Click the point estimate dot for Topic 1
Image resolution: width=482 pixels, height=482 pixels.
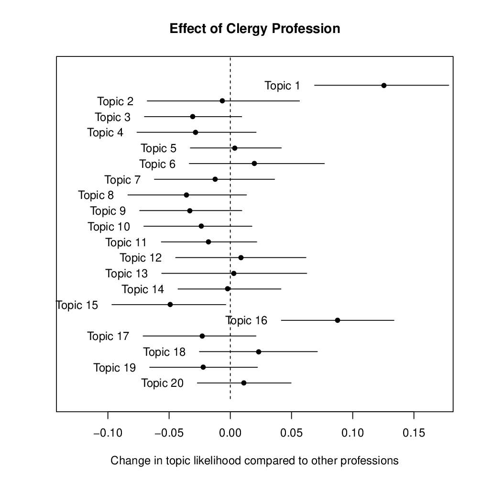tap(384, 85)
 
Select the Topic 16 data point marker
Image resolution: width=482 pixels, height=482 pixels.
tap(338, 320)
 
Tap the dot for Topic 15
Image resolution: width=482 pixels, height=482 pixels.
tap(170, 305)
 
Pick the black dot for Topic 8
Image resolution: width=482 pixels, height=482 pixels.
tap(186, 195)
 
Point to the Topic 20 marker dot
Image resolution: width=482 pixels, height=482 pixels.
tap(244, 383)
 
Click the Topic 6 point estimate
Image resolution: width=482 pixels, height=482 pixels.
tap(254, 164)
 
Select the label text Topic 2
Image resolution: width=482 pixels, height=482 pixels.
tap(115, 101)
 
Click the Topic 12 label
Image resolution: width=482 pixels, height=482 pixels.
tap(141, 258)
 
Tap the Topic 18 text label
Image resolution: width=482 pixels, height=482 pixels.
tap(164, 352)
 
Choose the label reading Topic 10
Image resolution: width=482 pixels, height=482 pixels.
tap(109, 227)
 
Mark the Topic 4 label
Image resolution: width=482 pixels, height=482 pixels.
tap(105, 132)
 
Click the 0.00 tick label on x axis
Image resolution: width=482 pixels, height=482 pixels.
tap(230, 434)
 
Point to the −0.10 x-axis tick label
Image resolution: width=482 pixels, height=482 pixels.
tap(108, 434)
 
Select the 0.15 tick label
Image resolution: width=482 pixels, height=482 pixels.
tap(414, 434)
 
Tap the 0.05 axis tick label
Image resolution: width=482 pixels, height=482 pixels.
tap(292, 434)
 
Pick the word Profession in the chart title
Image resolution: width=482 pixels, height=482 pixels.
tap(306, 29)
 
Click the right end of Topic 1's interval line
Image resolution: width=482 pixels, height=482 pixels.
tap(449, 85)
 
